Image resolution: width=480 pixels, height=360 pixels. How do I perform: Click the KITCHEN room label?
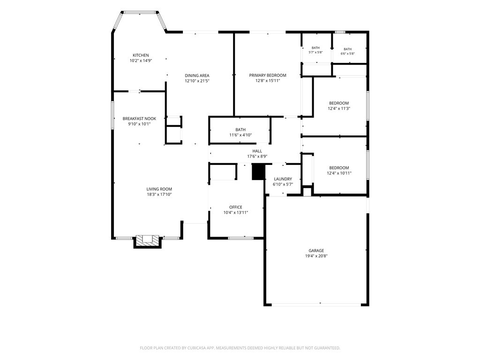[141, 55]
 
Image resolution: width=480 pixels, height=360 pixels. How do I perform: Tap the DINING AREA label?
[197, 75]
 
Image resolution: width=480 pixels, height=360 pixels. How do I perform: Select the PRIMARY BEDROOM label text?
[268, 75]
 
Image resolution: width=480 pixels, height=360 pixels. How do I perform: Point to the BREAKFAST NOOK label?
[139, 119]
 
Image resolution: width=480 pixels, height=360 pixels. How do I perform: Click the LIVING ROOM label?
[159, 189]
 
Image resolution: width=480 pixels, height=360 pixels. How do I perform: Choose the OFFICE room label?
[236, 207]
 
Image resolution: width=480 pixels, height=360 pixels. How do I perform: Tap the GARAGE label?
[316, 251]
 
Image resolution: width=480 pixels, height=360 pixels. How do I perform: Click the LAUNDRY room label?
[283, 179]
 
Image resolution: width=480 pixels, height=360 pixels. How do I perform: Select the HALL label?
[257, 151]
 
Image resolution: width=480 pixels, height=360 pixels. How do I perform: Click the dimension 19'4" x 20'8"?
[316, 256]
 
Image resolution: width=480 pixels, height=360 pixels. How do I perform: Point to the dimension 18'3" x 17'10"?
[159, 195]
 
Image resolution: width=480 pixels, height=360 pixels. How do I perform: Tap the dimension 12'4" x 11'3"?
[339, 108]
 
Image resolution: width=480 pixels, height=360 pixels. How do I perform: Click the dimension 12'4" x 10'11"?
[339, 173]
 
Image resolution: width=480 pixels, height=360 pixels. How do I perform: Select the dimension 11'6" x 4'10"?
[240, 135]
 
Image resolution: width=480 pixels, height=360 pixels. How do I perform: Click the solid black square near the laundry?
[258, 172]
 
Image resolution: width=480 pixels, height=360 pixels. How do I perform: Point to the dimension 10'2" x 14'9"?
[141, 60]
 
